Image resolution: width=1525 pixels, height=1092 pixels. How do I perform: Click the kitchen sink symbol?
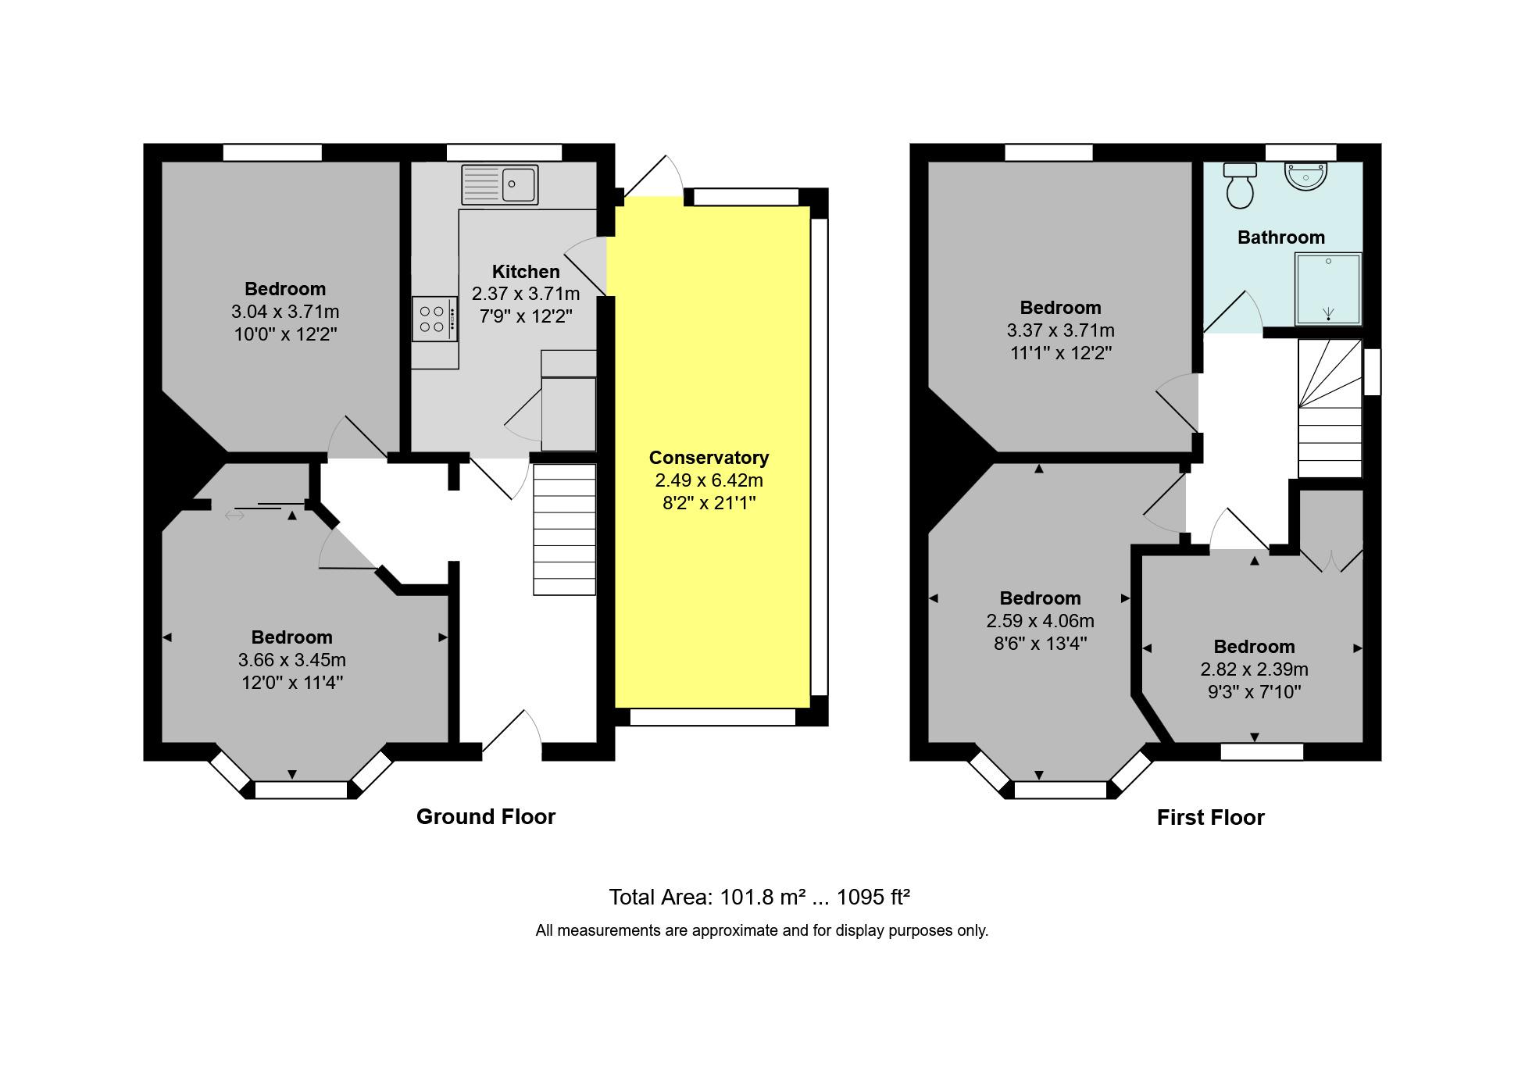pos(499,184)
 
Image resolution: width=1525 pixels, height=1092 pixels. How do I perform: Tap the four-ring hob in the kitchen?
pos(434,319)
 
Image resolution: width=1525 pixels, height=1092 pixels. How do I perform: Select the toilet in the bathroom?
pos(1240,186)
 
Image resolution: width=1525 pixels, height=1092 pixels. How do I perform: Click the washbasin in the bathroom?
pos(1305,177)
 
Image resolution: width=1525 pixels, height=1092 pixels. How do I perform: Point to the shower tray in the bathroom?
pos(1328,289)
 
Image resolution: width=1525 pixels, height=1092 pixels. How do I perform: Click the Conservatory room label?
pos(709,458)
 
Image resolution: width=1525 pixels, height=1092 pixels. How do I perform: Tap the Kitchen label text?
pos(526,272)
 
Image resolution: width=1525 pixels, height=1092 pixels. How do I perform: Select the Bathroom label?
pos(1280,237)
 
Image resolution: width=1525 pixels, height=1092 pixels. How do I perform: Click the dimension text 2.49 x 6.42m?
pos(709,480)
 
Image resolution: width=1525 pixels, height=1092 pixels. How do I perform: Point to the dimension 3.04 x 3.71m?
pos(285,312)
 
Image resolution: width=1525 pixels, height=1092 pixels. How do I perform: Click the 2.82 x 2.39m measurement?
pos(1254,669)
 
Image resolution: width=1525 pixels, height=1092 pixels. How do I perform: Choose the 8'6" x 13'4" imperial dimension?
pos(1040,644)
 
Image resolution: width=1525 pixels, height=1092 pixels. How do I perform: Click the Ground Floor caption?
pos(485,817)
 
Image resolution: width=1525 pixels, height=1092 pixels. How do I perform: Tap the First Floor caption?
pos(1210,818)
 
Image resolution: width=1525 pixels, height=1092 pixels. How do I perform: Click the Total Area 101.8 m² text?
pos(759,898)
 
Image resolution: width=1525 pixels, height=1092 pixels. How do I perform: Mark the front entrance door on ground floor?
pos(512,735)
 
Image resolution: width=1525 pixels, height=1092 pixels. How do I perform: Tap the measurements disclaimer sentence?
pos(762,930)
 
